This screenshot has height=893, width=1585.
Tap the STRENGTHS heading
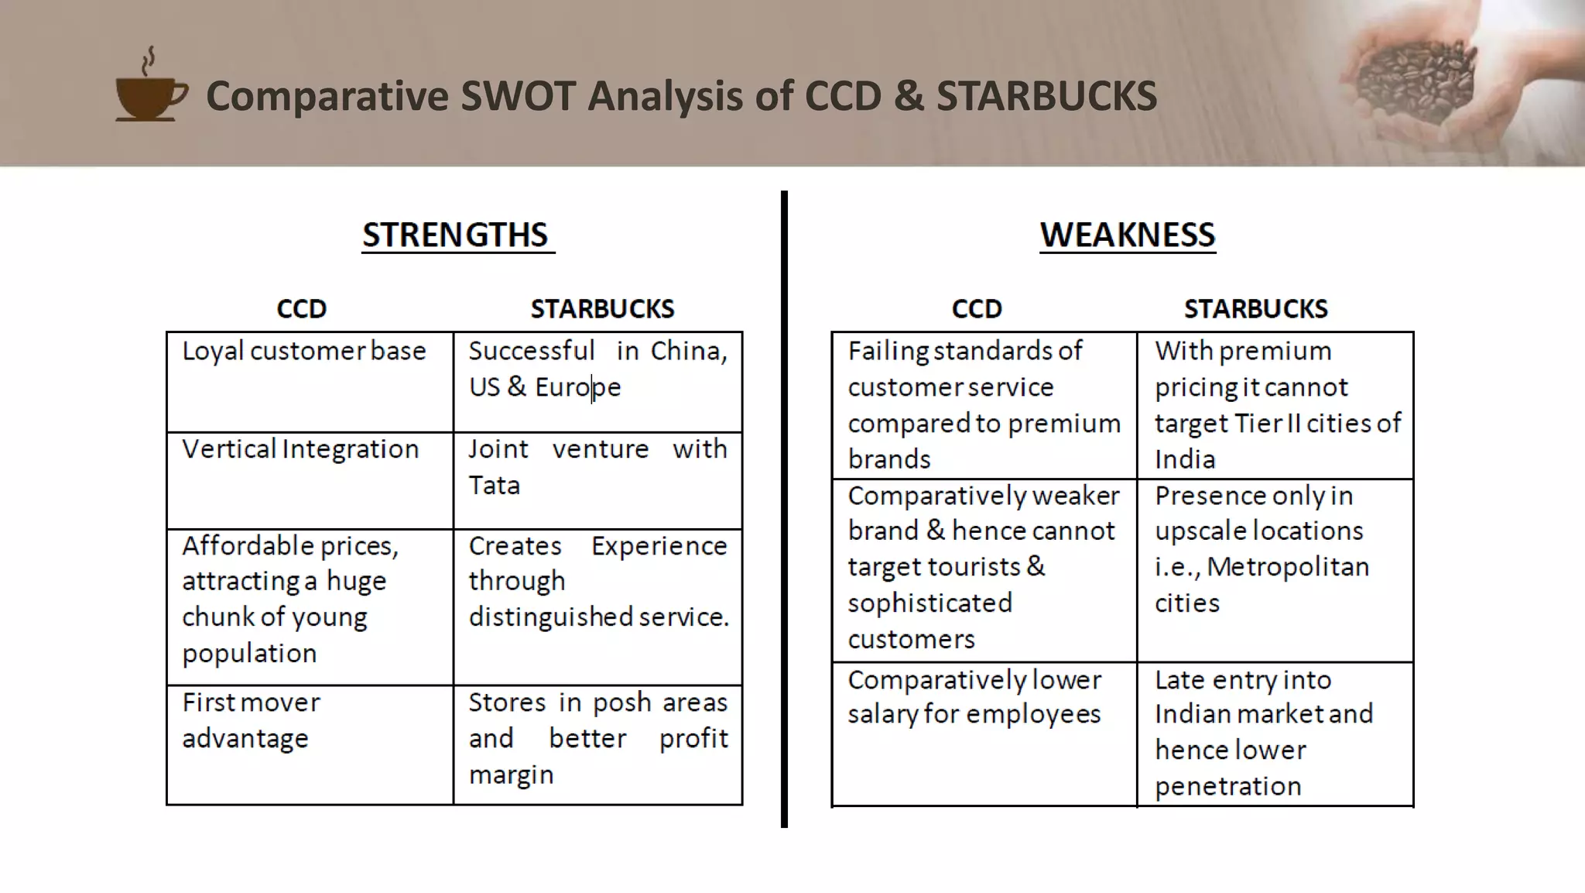click(456, 235)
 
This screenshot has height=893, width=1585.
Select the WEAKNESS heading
click(1127, 235)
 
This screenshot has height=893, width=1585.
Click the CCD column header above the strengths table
click(301, 309)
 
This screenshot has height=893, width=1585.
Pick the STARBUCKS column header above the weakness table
click(1255, 309)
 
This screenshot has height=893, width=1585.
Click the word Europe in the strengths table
click(578, 387)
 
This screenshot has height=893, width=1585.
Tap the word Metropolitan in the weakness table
click(1288, 567)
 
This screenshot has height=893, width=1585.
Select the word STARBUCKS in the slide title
click(1046, 96)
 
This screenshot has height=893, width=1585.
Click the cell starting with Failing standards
click(984, 405)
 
